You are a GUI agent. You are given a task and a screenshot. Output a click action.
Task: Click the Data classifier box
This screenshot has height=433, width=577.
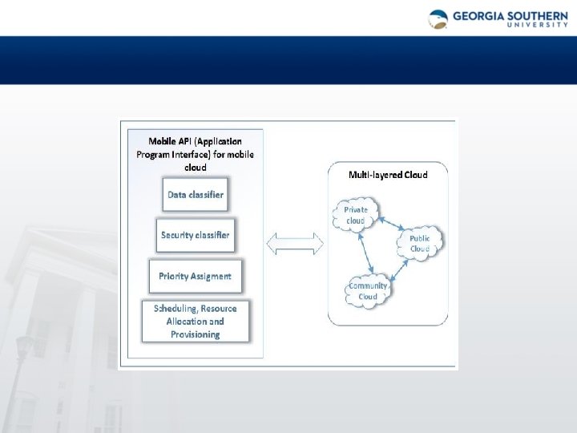click(195, 194)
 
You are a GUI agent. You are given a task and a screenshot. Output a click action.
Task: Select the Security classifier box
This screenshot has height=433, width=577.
click(195, 235)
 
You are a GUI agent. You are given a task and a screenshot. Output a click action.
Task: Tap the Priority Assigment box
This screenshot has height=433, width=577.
click(195, 276)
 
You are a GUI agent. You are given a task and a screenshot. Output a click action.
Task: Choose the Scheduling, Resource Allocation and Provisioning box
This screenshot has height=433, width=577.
click(195, 321)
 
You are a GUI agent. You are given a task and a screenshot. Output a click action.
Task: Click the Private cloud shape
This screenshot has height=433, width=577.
click(355, 215)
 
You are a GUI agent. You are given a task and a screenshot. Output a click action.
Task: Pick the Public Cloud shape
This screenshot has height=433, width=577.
click(419, 243)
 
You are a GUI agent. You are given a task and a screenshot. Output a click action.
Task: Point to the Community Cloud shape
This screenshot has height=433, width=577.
click(367, 291)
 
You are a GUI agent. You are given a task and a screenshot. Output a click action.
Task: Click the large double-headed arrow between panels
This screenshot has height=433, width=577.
click(294, 243)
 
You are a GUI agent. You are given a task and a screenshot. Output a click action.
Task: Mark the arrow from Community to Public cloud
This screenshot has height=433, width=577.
click(399, 271)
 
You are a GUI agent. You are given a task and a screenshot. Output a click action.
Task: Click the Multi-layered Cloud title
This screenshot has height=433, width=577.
click(388, 174)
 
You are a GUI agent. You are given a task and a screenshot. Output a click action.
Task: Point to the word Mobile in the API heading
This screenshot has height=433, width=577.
click(163, 141)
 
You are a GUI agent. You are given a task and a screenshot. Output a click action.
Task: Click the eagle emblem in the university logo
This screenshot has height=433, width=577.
click(438, 19)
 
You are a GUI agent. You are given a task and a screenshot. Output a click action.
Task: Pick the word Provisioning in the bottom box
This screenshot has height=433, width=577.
click(195, 334)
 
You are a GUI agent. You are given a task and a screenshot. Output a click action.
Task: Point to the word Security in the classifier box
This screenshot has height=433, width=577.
click(176, 235)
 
